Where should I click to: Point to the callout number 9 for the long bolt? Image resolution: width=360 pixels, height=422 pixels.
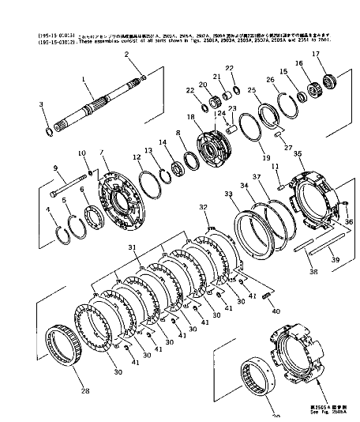point(55,168)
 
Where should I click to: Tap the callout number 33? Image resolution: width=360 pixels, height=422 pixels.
point(228,194)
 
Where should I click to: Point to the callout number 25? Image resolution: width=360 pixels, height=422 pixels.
point(252,90)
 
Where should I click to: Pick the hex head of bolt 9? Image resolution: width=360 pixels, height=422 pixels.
point(53,194)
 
